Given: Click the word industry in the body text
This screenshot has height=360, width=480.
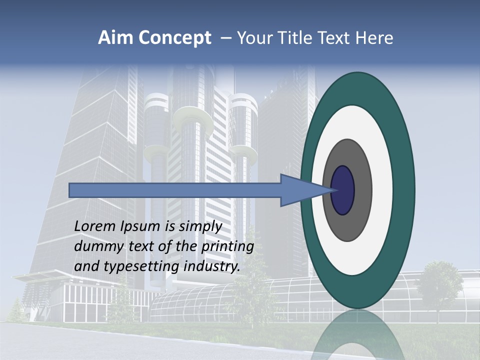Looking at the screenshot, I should tap(211, 266).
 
